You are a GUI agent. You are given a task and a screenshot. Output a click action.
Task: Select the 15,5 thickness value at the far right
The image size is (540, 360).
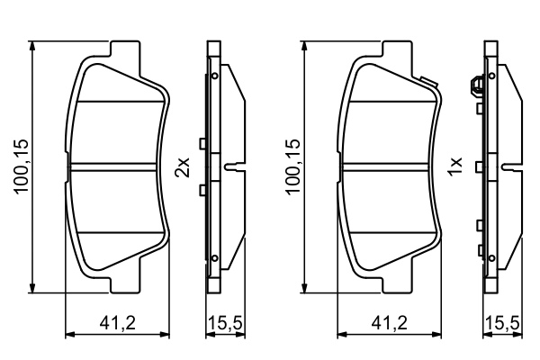pyautogui.click(x=501, y=321)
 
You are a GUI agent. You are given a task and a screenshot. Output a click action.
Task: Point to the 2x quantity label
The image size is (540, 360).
pyautogui.click(x=183, y=166)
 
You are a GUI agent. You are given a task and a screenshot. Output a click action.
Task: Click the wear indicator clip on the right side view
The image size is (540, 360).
pyautogui.click(x=474, y=87)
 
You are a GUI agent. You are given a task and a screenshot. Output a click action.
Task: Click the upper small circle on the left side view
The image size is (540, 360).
pyautogui.click(x=216, y=77)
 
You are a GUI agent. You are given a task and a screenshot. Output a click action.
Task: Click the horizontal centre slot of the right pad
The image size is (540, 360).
pyautogui.click(x=392, y=167)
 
